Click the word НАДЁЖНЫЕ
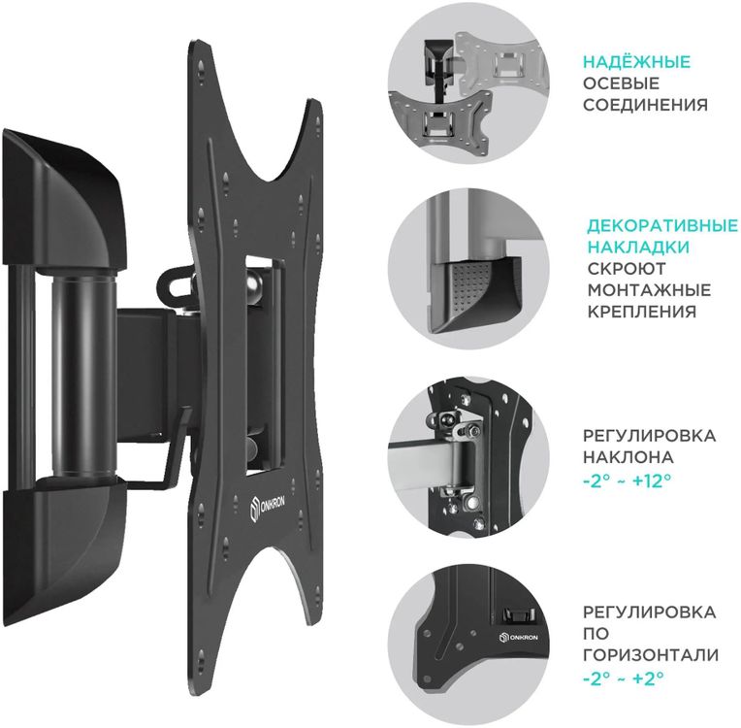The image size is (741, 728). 636,62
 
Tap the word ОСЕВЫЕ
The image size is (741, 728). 621,83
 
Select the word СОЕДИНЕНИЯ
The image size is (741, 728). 646,105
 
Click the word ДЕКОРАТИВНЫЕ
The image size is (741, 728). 662,225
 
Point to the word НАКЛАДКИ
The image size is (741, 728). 638,247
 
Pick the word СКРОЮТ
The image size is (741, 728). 627,269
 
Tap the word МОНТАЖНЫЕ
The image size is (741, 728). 649,290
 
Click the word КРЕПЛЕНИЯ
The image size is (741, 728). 642,312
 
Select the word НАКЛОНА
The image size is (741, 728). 628,457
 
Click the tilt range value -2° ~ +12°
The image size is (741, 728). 627,480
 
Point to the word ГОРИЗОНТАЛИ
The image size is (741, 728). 651,655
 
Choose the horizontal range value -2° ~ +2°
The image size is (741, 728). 623,678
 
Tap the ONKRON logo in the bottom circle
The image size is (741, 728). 519,637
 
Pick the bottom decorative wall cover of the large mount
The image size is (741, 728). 64,548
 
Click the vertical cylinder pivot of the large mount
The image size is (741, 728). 83,376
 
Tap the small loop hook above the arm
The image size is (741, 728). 175,283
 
